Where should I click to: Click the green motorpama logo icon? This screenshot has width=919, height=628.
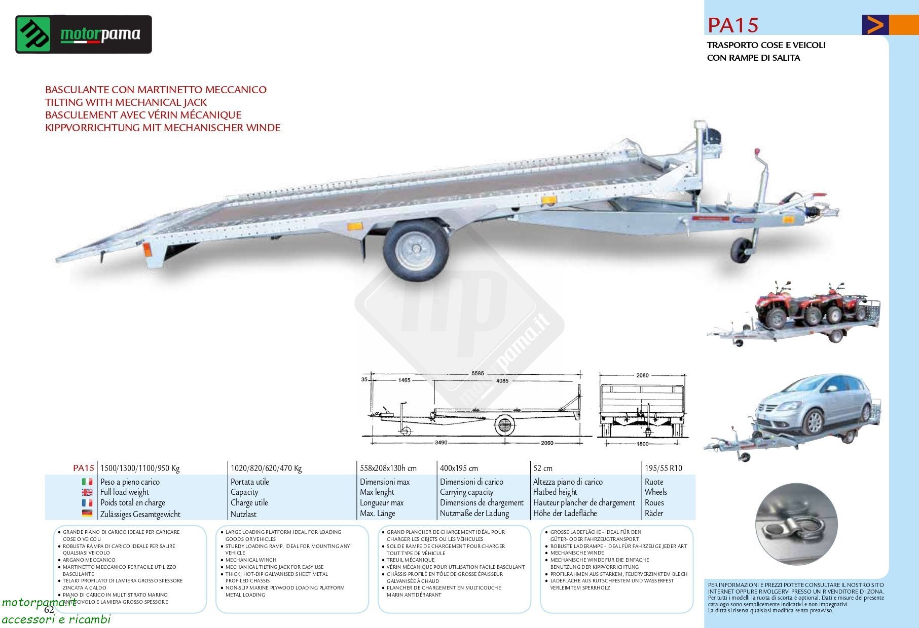pyautogui.click(x=33, y=34)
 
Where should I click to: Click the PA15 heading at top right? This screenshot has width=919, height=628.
pyautogui.click(x=732, y=25)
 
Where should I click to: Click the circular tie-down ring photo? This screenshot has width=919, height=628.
pyautogui.click(x=796, y=524)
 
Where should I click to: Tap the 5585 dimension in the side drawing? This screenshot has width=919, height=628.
pyautogui.click(x=477, y=374)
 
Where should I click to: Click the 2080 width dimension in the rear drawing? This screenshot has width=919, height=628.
pyautogui.click(x=642, y=375)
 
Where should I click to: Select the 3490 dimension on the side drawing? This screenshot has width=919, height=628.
pyautogui.click(x=441, y=443)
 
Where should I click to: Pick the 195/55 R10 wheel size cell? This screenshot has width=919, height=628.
pyautogui.click(x=663, y=468)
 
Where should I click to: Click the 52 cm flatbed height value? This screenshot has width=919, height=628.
pyautogui.click(x=543, y=468)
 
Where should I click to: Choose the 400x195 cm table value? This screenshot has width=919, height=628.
pyautogui.click(x=459, y=468)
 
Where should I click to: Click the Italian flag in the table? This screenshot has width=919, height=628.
pyautogui.click(x=87, y=482)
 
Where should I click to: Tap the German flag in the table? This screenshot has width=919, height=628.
pyautogui.click(x=87, y=514)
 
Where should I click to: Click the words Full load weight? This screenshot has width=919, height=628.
pyautogui.click(x=125, y=492)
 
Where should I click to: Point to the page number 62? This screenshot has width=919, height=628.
pyautogui.click(x=49, y=610)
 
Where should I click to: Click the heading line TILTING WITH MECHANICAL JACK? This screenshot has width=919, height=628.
pyautogui.click(x=126, y=102)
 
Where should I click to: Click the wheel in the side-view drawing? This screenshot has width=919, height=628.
pyautogui.click(x=504, y=424)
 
